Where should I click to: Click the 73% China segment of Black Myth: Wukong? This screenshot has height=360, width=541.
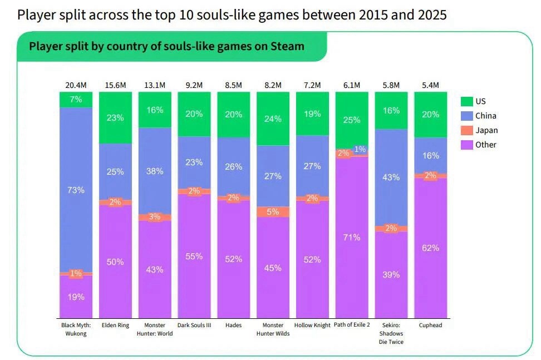pos(76,190)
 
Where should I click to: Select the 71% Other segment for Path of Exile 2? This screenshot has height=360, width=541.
pos(352,237)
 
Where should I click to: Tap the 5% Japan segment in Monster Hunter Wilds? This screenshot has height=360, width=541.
pos(273,211)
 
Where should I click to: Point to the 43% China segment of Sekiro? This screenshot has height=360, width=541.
pos(391,177)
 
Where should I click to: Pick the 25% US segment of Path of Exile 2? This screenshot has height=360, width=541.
pos(352,120)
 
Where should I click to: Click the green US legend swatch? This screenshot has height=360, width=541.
pos(466,101)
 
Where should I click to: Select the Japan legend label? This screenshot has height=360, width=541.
pos(486,130)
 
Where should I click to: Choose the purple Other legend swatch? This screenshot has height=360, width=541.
pos(466,145)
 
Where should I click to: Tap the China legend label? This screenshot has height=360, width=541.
pos(485,116)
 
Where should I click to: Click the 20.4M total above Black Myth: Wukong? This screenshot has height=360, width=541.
pos(76,85)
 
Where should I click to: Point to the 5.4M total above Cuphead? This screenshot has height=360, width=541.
pos(431,85)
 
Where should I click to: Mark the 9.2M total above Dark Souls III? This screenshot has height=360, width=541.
pos(194,85)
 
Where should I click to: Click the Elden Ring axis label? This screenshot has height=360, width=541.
pos(115,325)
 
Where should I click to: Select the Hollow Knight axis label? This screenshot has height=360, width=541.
pos(312,325)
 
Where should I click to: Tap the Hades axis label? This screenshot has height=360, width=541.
pos(233,325)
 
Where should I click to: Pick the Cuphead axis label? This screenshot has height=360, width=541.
pos(431,325)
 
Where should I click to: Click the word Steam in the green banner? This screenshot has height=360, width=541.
pos(287,46)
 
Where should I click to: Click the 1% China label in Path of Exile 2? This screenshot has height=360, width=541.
pos(360,149)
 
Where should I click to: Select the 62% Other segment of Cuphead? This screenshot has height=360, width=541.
pos(431,248)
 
